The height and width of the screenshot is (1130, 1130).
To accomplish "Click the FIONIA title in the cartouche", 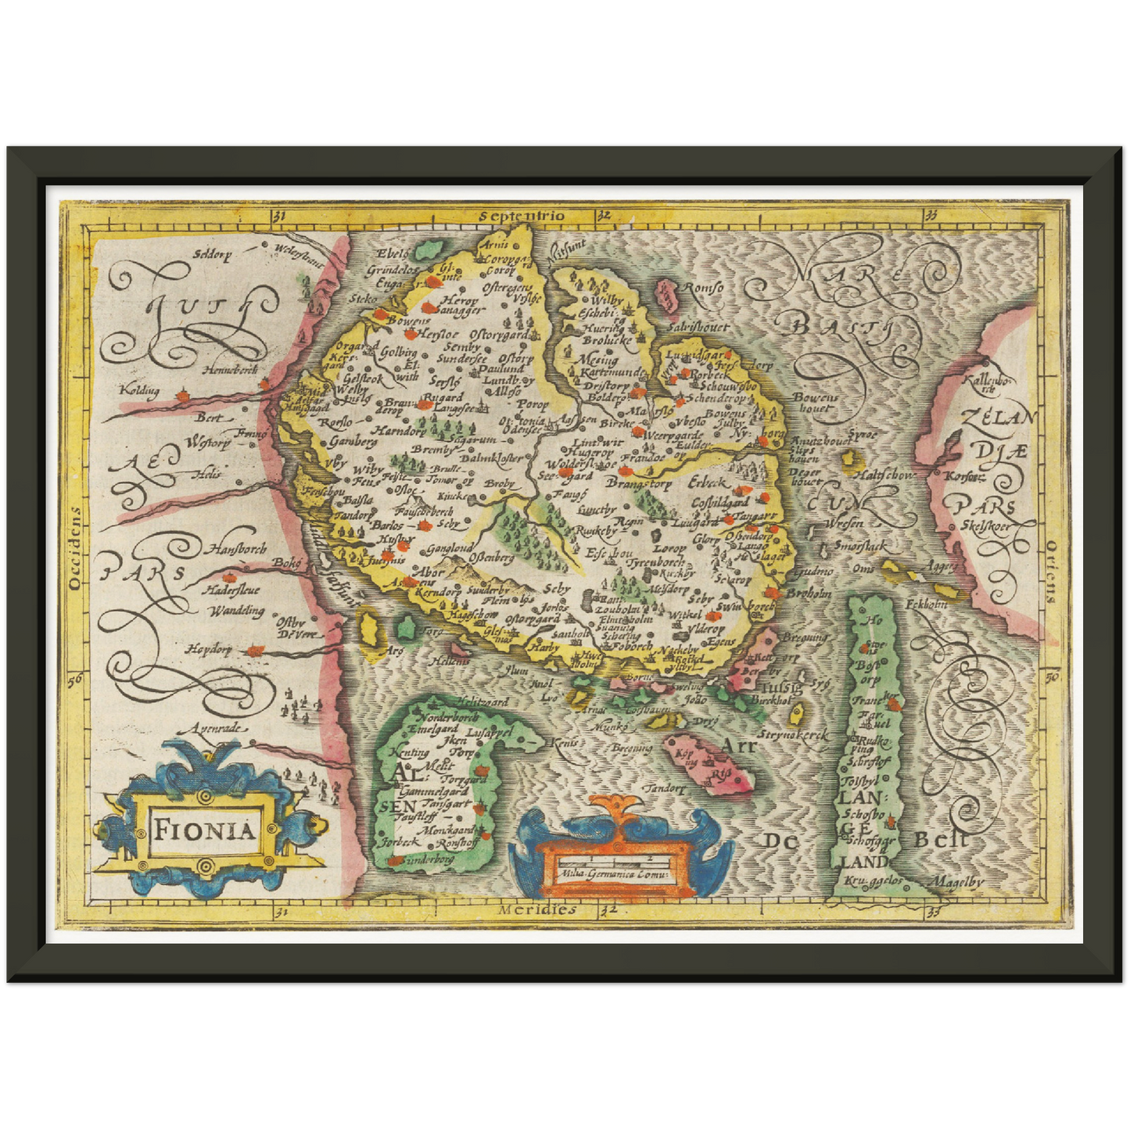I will (204, 829).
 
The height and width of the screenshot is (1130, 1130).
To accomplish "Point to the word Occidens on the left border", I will (75, 547).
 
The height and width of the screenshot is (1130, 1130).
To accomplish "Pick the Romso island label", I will (702, 288).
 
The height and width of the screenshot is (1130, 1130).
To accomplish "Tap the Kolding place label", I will (139, 389).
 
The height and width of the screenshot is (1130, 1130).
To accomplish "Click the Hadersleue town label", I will (232, 590).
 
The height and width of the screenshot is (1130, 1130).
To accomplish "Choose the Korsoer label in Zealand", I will (963, 475).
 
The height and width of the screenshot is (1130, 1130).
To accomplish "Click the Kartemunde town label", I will (611, 373).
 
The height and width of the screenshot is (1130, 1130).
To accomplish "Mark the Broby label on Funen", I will (500, 483).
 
